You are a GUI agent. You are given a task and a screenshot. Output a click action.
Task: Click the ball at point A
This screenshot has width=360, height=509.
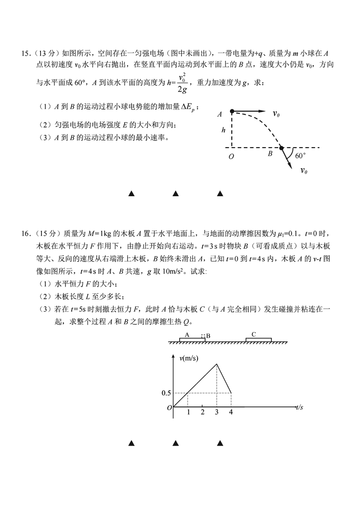[232, 111]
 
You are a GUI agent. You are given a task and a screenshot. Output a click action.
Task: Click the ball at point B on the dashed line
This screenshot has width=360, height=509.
[281, 148]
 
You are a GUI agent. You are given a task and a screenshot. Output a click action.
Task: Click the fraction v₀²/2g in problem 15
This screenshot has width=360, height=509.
[183, 83]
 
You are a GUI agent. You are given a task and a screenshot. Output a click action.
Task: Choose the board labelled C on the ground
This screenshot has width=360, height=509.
[258, 339]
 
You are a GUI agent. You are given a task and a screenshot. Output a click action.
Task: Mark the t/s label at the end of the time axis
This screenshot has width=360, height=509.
[300, 407]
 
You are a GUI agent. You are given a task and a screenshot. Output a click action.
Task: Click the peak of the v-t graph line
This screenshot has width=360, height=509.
[217, 364]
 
